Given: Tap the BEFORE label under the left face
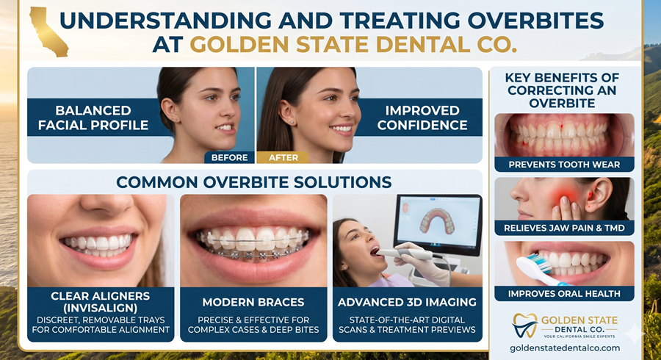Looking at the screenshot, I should click(229, 156).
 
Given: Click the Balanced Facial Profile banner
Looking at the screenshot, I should click(93, 118).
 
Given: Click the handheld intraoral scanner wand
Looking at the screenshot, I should click(411, 253).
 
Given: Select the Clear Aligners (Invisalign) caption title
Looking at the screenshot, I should click(101, 302).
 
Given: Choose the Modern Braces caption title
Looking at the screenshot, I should click(253, 302).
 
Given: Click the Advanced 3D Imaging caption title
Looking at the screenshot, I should click(407, 302).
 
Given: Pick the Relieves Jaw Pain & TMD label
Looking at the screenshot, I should click(564, 228).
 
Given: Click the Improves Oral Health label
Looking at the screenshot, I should click(564, 293).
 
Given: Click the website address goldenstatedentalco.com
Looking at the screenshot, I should click(564, 347).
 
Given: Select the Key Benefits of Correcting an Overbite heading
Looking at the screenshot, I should click(563, 90).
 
